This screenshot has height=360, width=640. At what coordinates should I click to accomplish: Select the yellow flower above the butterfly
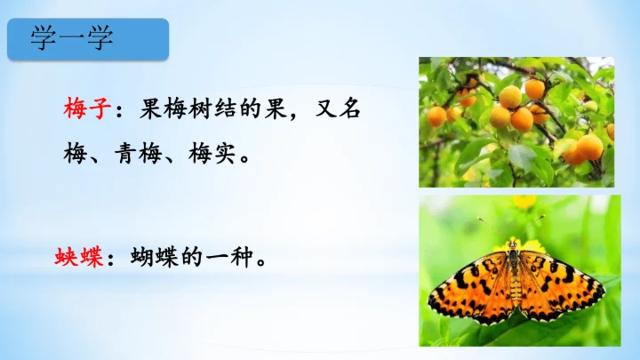[524, 202]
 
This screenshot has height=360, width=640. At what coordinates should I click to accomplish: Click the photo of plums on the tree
[516, 122]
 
